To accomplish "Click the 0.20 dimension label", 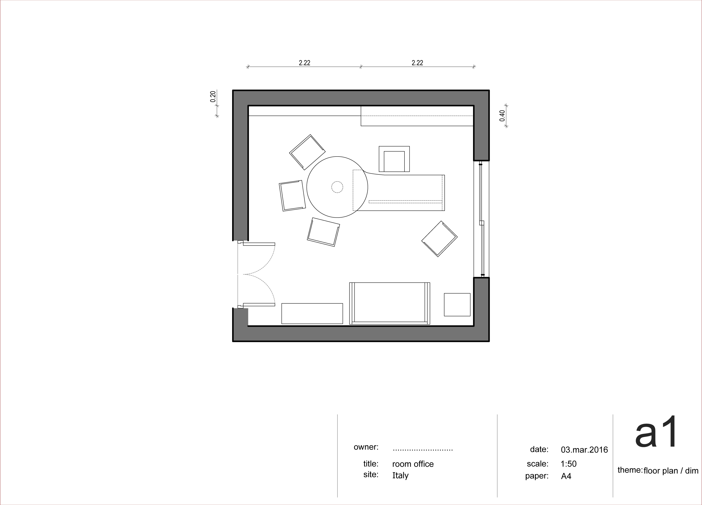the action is (213, 97).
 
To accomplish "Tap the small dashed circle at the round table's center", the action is (337, 187).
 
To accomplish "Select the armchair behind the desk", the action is (394, 159).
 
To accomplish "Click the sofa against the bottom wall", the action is (390, 303).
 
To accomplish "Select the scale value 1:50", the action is (569, 464).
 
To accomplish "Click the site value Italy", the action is (400, 476).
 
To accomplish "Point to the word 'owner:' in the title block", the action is (366, 447).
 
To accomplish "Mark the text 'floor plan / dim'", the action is (671, 471).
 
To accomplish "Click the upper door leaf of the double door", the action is (259, 244).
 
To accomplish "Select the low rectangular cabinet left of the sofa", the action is (312, 314).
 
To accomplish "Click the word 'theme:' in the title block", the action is (630, 470).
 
